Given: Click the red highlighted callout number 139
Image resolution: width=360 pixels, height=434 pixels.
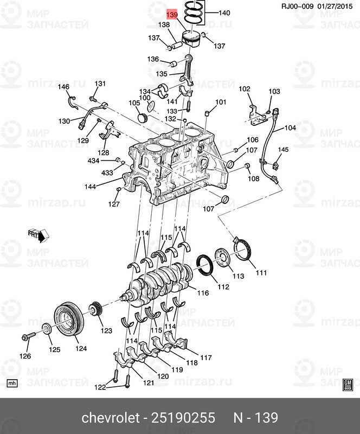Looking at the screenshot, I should click(x=172, y=15).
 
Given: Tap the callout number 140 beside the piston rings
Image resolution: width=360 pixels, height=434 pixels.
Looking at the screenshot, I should click(x=224, y=12).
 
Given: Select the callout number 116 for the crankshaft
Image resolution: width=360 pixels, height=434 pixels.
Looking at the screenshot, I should click(x=203, y=293).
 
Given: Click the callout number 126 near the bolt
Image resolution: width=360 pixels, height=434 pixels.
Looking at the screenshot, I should click(x=25, y=356).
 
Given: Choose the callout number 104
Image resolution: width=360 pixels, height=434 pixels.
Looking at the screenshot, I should click(x=290, y=128).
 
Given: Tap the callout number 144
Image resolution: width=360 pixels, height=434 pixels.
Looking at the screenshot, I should click(x=90, y=187).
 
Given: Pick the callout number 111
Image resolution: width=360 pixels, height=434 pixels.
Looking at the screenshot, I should click(x=262, y=272).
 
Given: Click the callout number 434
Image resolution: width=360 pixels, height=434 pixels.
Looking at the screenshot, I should click(x=93, y=161).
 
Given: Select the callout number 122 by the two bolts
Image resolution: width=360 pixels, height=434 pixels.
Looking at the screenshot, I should click(x=100, y=387).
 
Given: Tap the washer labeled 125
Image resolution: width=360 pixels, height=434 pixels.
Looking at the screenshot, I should click(x=47, y=329).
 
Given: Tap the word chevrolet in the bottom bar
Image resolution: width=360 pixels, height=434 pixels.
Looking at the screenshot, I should click(x=108, y=418).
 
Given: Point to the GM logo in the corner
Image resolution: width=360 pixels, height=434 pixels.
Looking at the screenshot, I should click(x=348, y=384).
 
